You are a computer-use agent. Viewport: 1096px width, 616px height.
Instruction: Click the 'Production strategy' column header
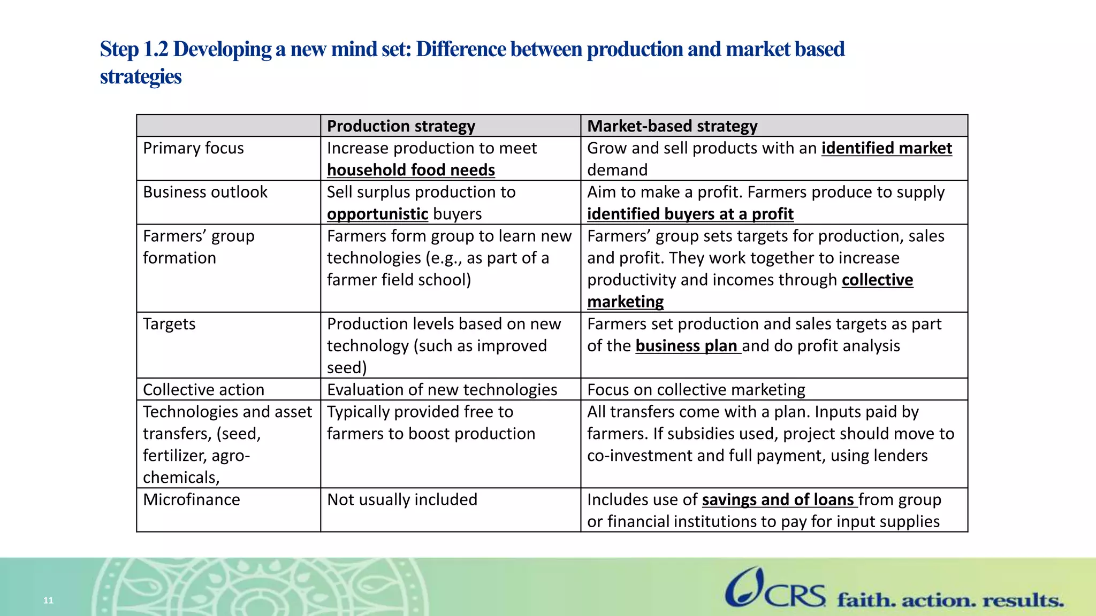pyautogui.click(x=401, y=126)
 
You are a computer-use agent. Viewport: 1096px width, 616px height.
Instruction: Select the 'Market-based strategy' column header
pyautogui.click(x=672, y=126)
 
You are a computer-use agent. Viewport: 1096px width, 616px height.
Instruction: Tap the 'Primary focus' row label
pyautogui.click(x=193, y=148)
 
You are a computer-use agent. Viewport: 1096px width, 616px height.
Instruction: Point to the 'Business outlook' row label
pyautogui.click(x=205, y=192)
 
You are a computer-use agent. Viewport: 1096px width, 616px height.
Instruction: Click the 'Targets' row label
pyautogui.click(x=169, y=324)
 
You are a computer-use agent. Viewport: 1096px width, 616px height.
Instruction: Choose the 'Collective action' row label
pyautogui.click(x=203, y=390)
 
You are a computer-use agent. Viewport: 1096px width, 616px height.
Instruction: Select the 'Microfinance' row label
pyautogui.click(x=192, y=499)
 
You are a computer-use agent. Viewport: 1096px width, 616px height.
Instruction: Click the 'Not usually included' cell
pyautogui.click(x=402, y=499)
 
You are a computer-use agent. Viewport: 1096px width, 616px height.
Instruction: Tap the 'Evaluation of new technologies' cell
pyautogui.click(x=442, y=390)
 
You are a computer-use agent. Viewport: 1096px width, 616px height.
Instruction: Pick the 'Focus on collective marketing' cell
pyautogui.click(x=696, y=390)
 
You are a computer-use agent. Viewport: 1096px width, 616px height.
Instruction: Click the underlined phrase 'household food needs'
pyautogui.click(x=411, y=170)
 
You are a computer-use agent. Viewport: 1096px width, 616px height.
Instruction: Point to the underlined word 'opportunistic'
pyautogui.click(x=377, y=214)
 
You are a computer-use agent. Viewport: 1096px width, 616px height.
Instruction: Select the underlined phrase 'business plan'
pyautogui.click(x=687, y=346)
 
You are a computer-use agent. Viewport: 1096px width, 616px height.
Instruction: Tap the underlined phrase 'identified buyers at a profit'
pyautogui.click(x=690, y=214)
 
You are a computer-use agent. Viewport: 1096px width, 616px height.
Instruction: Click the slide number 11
pyautogui.click(x=48, y=600)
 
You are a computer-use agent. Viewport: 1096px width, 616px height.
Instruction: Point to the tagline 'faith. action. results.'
pyautogui.click(x=950, y=600)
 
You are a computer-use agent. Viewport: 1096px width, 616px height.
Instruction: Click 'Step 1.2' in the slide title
pyautogui.click(x=134, y=49)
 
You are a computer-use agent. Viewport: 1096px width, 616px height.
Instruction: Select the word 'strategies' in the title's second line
pyautogui.click(x=141, y=76)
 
